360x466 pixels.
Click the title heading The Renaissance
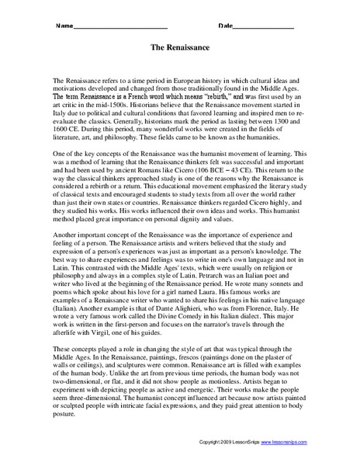coord(180,47)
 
